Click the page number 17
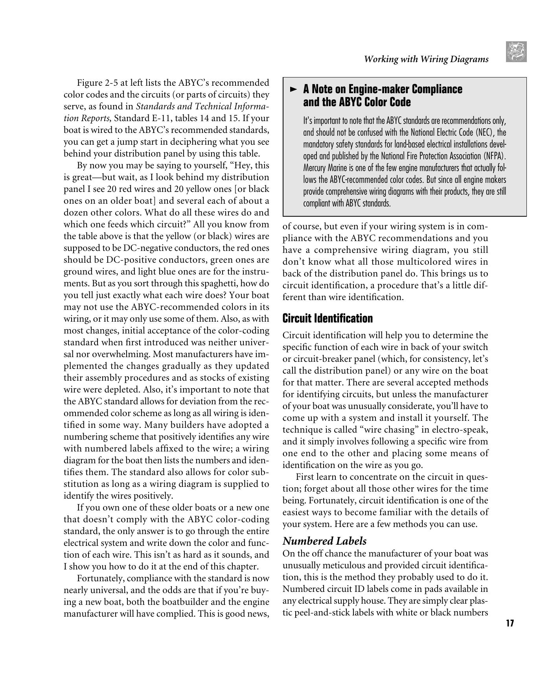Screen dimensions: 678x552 (x=510, y=623)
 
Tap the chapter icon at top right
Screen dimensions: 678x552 (x=516, y=52)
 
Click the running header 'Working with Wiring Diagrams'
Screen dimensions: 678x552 (x=426, y=59)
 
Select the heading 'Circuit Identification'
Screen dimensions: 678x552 (x=328, y=318)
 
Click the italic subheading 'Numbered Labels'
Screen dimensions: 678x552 (x=324, y=541)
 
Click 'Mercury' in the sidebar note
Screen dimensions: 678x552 (x=315, y=168)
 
